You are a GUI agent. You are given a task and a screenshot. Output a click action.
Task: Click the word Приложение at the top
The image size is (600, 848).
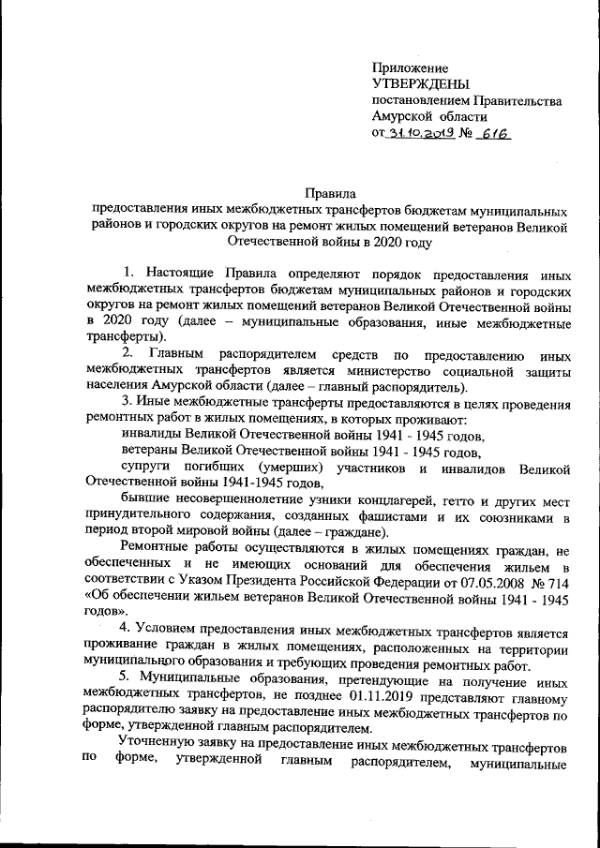(410, 68)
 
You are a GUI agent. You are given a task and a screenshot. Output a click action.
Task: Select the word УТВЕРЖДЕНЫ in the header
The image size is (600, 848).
(419, 84)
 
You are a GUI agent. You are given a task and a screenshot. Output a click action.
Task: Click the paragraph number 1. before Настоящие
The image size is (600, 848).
(130, 273)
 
